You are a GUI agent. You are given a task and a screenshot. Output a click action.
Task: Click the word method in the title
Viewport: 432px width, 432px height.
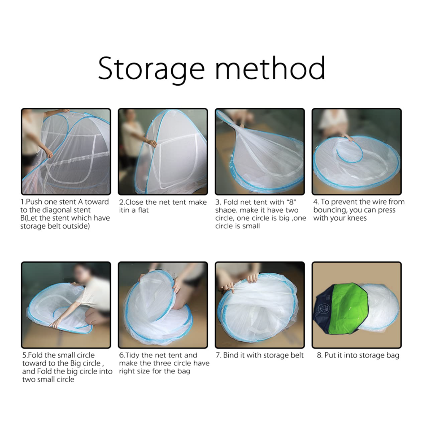click(270, 68)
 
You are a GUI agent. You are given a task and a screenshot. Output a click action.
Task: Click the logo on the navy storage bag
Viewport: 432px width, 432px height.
click(324, 308)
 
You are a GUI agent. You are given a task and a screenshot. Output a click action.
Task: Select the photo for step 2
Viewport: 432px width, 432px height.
click(163, 151)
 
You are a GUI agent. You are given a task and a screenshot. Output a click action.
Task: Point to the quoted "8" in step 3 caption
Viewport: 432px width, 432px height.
click(292, 202)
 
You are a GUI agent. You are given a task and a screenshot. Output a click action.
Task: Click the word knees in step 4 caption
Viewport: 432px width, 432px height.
click(357, 218)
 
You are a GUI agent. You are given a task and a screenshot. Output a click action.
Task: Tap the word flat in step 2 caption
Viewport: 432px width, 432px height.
click(143, 210)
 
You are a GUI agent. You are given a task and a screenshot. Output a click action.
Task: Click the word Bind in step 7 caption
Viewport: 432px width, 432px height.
click(231, 355)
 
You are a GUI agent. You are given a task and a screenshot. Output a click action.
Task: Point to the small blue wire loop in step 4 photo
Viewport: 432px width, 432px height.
click(350, 152)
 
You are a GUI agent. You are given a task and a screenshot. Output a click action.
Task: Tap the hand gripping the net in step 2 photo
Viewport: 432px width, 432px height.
click(152, 143)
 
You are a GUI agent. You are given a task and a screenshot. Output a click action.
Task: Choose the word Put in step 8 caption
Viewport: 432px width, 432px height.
click(329, 355)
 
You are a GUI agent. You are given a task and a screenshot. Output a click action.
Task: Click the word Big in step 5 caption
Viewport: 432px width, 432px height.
click(76, 363)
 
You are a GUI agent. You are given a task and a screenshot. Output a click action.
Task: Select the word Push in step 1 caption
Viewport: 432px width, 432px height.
click(34, 202)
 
